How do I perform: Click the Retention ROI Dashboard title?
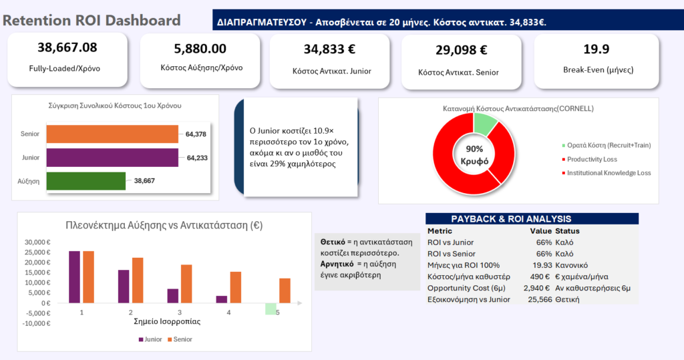(92, 20)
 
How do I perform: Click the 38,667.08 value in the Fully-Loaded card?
(67, 47)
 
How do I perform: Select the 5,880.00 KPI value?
(200, 49)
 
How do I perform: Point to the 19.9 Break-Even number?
(596, 48)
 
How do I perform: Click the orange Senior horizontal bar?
(112, 134)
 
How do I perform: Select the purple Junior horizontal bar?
(112, 158)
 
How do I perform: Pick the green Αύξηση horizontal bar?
(85, 181)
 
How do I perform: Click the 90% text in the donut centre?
(474, 148)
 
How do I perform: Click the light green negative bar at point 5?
(271, 308)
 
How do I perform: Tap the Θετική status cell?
(567, 299)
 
